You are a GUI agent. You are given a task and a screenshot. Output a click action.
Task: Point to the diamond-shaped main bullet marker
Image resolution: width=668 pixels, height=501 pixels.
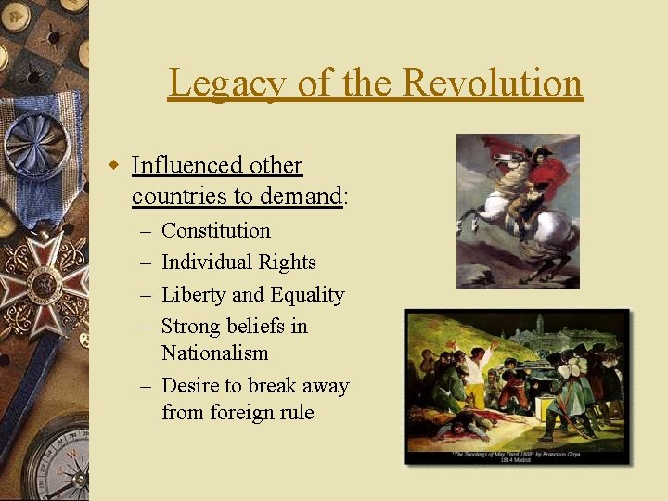point(114,166)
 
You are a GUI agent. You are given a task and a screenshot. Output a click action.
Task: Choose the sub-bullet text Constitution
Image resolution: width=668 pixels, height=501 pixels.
point(216,230)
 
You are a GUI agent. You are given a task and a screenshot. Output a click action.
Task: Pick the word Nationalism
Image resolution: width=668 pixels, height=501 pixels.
point(214,353)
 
